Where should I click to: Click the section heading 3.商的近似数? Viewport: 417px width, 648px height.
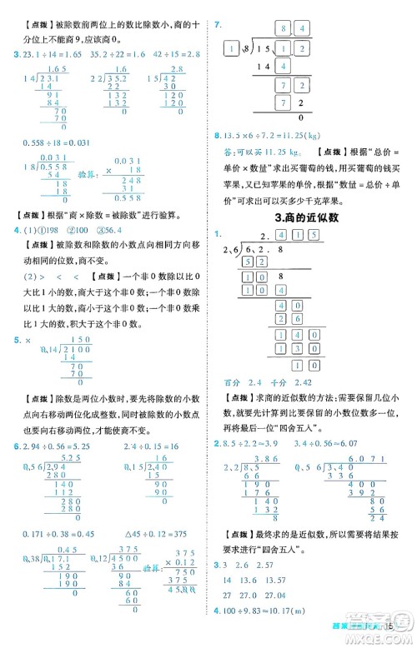314,217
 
